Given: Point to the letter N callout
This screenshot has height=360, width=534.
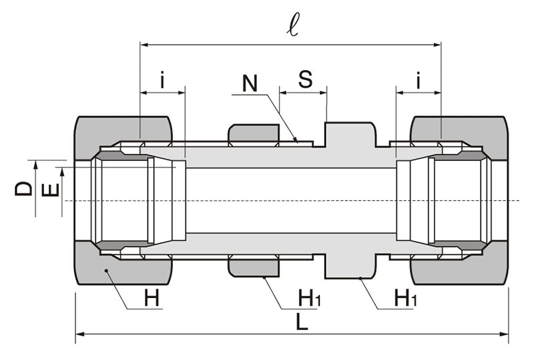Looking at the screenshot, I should pos(250,83).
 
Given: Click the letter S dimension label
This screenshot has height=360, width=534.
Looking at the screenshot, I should pos(304,79).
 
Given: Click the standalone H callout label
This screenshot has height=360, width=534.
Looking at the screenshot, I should pos(153,298).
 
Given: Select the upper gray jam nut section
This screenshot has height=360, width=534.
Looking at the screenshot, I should pos(253,133).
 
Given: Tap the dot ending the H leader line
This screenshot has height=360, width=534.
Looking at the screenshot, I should pos(106,271).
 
